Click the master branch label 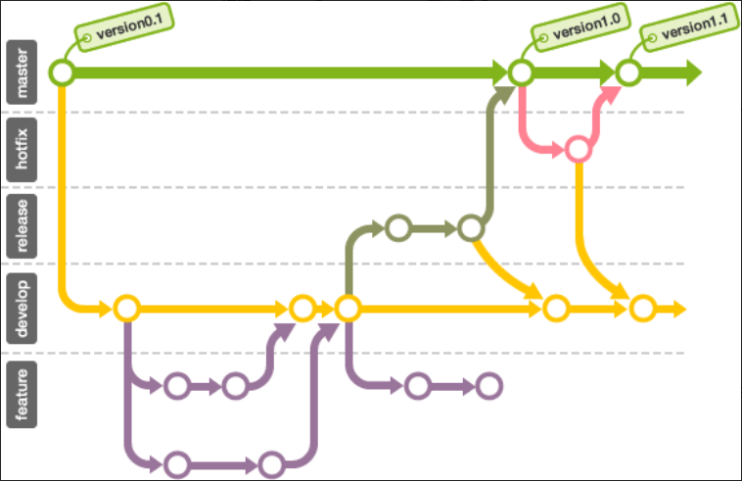tap(22, 72)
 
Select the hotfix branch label tap(22, 150)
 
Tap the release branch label tap(22, 225)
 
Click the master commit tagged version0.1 tap(63, 72)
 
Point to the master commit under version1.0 tap(521, 72)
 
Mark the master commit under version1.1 tap(627, 72)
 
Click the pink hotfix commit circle tap(578, 150)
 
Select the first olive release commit tap(397, 228)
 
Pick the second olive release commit tap(471, 228)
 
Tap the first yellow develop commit tap(125, 309)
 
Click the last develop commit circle tap(642, 309)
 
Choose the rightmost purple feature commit tap(488, 386)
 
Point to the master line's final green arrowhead tap(693, 72)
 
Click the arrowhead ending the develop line tap(679, 310)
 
